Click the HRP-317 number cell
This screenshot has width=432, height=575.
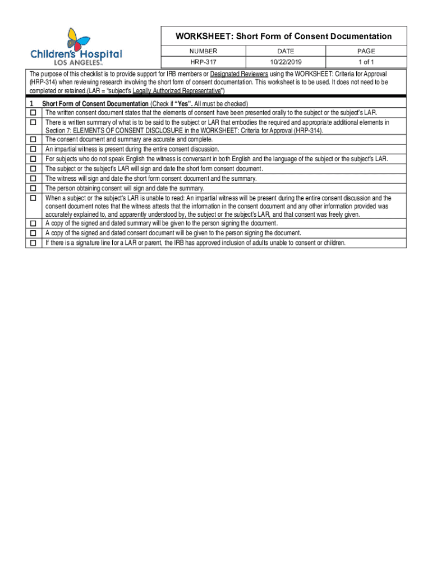coord(203,62)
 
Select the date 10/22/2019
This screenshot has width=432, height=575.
coord(286,62)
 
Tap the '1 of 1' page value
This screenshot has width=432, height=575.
coord(366,62)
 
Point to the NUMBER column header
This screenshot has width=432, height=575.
coord(203,51)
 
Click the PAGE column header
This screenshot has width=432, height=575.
coord(366,51)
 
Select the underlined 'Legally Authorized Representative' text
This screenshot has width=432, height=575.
coord(177,90)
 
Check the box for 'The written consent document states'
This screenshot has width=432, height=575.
coord(33,113)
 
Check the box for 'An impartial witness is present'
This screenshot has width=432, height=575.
coord(33,149)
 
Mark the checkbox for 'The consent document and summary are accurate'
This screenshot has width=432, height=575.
coord(33,139)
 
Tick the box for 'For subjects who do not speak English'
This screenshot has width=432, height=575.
coord(33,159)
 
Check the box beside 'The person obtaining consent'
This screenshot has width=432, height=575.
coord(33,188)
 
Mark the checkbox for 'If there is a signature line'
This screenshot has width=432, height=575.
coord(33,243)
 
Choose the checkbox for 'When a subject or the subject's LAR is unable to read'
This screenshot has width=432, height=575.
coord(33,198)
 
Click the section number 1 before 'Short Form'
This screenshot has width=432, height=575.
coord(30,104)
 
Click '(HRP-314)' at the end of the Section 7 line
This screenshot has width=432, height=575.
coord(308,130)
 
